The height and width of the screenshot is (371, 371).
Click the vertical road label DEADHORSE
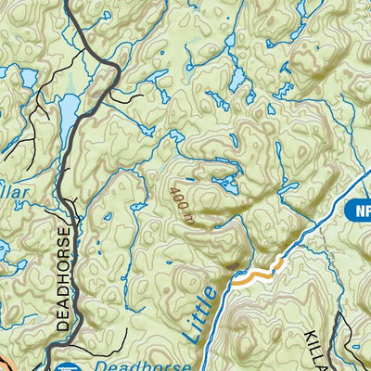63,278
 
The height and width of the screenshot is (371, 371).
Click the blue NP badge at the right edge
360,211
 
